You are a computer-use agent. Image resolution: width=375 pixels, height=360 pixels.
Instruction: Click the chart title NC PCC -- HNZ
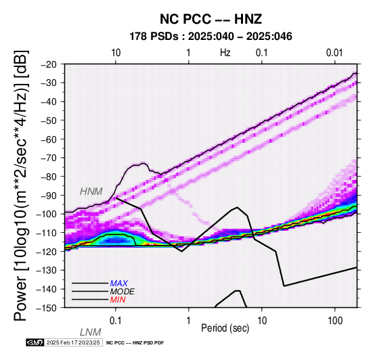click(x=211, y=19)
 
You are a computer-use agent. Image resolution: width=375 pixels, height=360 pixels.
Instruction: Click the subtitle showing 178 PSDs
click(x=211, y=37)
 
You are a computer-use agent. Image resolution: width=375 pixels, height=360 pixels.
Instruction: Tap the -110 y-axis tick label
click(x=48, y=233)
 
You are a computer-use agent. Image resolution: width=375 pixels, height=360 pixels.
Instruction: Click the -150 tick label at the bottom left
click(x=48, y=308)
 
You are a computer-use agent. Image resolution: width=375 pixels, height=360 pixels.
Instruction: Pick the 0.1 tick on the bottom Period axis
click(x=116, y=321)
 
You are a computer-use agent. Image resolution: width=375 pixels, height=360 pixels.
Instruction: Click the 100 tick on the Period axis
click(x=335, y=321)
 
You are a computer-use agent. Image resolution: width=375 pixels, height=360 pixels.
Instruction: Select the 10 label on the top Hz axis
click(x=116, y=53)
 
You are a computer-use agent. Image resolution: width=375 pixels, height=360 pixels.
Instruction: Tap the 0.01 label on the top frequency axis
click(x=334, y=53)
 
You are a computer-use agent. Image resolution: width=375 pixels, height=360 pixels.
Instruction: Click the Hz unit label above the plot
click(x=225, y=53)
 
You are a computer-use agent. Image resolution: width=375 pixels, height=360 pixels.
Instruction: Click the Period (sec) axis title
click(x=225, y=328)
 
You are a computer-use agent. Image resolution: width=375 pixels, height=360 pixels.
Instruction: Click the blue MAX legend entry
click(x=119, y=284)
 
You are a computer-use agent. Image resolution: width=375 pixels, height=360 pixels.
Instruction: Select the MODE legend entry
click(x=123, y=292)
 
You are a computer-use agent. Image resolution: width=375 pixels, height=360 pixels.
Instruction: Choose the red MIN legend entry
click(x=118, y=300)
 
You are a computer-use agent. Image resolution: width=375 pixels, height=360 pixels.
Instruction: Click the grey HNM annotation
click(x=91, y=192)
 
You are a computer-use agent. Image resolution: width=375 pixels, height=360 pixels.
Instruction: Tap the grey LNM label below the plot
click(x=91, y=332)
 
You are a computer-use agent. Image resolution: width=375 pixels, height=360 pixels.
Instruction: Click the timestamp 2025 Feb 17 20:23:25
click(x=73, y=342)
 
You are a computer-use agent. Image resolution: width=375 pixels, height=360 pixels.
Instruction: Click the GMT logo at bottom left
click(x=35, y=342)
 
